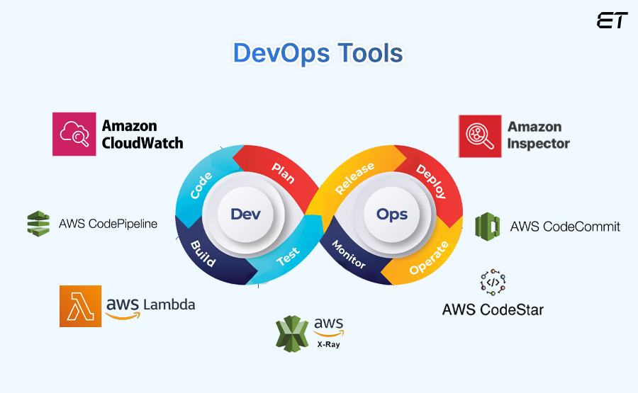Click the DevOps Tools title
coord(318,54)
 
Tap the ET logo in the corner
coord(612,21)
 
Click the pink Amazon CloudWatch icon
coord(74,134)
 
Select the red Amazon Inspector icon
coord(480,136)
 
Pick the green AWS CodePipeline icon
coord(38,224)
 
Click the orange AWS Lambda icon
coord(81,306)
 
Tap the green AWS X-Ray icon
coord(291,333)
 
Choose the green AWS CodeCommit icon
coord(488,226)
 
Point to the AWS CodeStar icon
coord(493,281)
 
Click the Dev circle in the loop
coord(241,215)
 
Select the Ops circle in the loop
coord(392,215)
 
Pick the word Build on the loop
coord(203,253)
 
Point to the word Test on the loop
coord(288,256)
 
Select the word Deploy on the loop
coord(431,181)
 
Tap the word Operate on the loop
coord(430,258)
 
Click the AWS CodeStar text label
coord(493,309)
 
